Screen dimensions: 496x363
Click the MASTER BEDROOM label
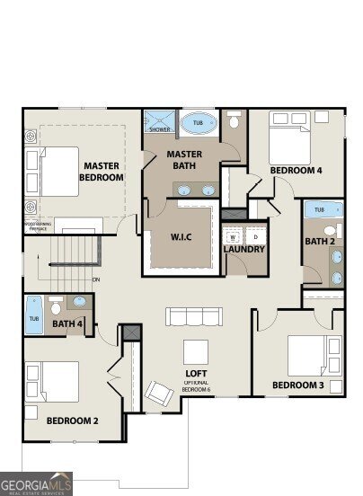coord(102,172)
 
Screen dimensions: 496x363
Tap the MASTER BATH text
coord(184,160)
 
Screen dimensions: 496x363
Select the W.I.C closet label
coord(181,238)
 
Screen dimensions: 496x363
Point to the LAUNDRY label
coord(243,249)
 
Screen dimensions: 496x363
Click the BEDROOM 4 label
coord(296,170)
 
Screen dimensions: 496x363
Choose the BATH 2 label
coord(319,241)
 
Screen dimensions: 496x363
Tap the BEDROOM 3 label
coord(297,386)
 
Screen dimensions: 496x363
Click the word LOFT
coord(197,372)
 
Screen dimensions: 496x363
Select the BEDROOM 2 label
coord(72,420)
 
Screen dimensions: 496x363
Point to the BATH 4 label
coord(66,324)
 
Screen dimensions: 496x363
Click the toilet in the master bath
coord(235,120)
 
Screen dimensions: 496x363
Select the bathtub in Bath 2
coord(323,211)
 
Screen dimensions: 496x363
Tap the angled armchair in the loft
coord(161,394)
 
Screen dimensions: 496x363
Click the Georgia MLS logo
coord(36,483)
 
